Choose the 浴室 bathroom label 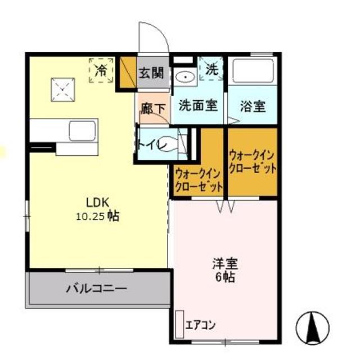252,105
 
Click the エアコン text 201,325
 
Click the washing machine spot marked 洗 211,70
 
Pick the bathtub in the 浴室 252,70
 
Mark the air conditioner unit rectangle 179,324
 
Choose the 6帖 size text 223,276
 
